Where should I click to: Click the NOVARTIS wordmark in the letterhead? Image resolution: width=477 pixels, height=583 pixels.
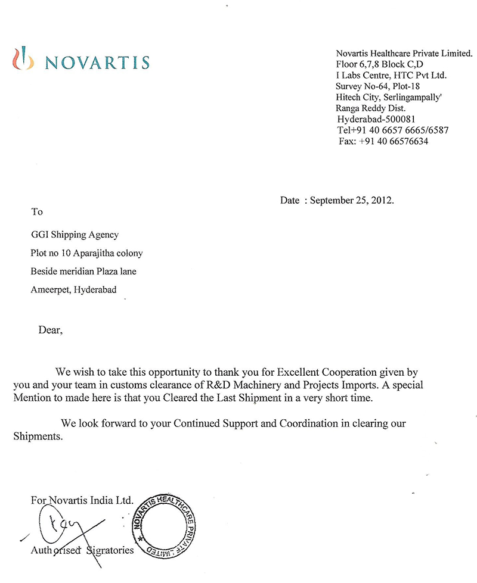[97, 62]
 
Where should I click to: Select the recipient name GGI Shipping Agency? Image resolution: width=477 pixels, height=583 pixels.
[75, 235]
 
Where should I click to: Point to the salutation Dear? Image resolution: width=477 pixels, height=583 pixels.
[49, 329]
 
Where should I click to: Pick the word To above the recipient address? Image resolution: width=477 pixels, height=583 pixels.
[37, 211]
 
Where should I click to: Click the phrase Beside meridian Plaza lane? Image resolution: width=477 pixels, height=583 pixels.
[80, 272]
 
